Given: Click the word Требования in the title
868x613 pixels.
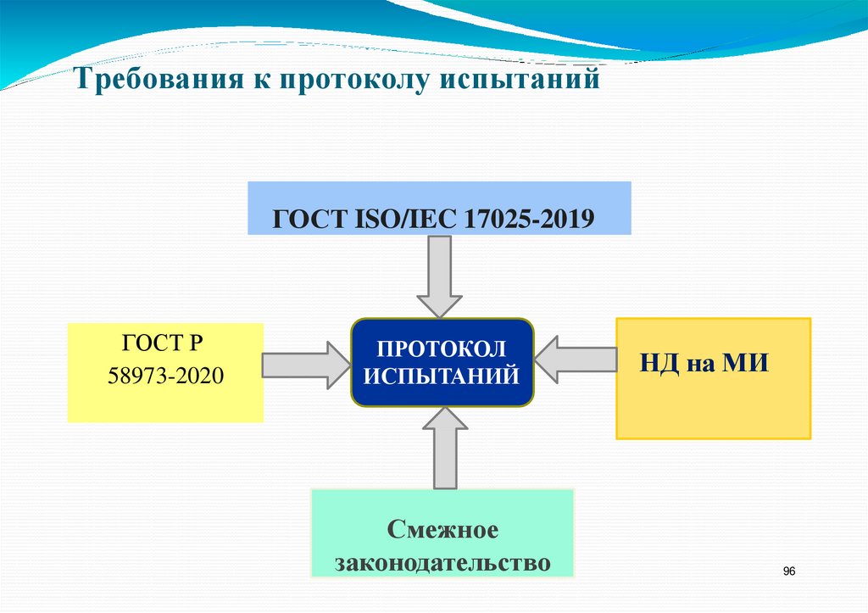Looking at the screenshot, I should pyautogui.click(x=156, y=81).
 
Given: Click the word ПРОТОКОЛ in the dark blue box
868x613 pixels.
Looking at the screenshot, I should pyautogui.click(x=441, y=348).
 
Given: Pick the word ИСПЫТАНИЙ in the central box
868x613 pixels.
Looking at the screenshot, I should pyautogui.click(x=441, y=375).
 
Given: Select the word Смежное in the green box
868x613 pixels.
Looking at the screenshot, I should pyautogui.click(x=442, y=531).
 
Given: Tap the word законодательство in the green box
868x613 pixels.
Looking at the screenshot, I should pyautogui.click(x=442, y=562).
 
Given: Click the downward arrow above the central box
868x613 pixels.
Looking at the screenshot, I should pyautogui.click(x=439, y=276).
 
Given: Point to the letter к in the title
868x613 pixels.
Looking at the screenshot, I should pyautogui.click(x=255, y=81).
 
